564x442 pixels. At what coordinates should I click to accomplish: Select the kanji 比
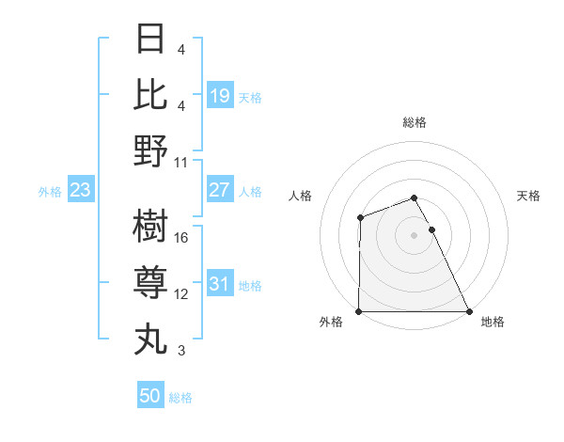pos(150,94)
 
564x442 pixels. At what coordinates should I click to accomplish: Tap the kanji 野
pos(150,150)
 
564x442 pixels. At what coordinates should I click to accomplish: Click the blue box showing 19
pos(219,96)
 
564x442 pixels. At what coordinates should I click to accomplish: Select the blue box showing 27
pos(219,190)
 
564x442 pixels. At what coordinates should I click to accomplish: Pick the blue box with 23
pos(80,191)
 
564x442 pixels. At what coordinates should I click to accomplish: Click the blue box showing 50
pos(150,396)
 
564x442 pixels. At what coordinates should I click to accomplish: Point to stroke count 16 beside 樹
pos(181,237)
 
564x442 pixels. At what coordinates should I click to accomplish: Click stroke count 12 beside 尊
pos(181,294)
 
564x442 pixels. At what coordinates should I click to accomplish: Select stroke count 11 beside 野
pos(181,161)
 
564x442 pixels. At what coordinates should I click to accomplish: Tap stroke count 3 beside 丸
pos(181,351)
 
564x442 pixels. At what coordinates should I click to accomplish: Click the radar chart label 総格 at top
pos(414,122)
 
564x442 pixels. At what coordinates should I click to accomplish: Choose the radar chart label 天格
pos(528,196)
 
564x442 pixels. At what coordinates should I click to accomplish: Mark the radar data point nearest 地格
pos(468,311)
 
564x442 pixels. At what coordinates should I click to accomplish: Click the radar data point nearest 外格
pos(359,311)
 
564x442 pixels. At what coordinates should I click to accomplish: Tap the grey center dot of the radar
pos(414,235)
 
